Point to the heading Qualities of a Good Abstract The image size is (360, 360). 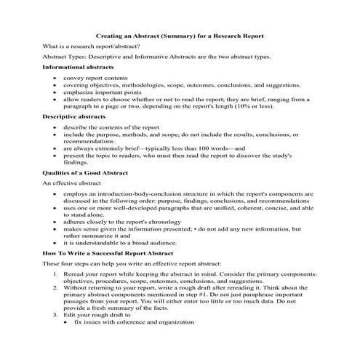(x=85, y=172)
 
